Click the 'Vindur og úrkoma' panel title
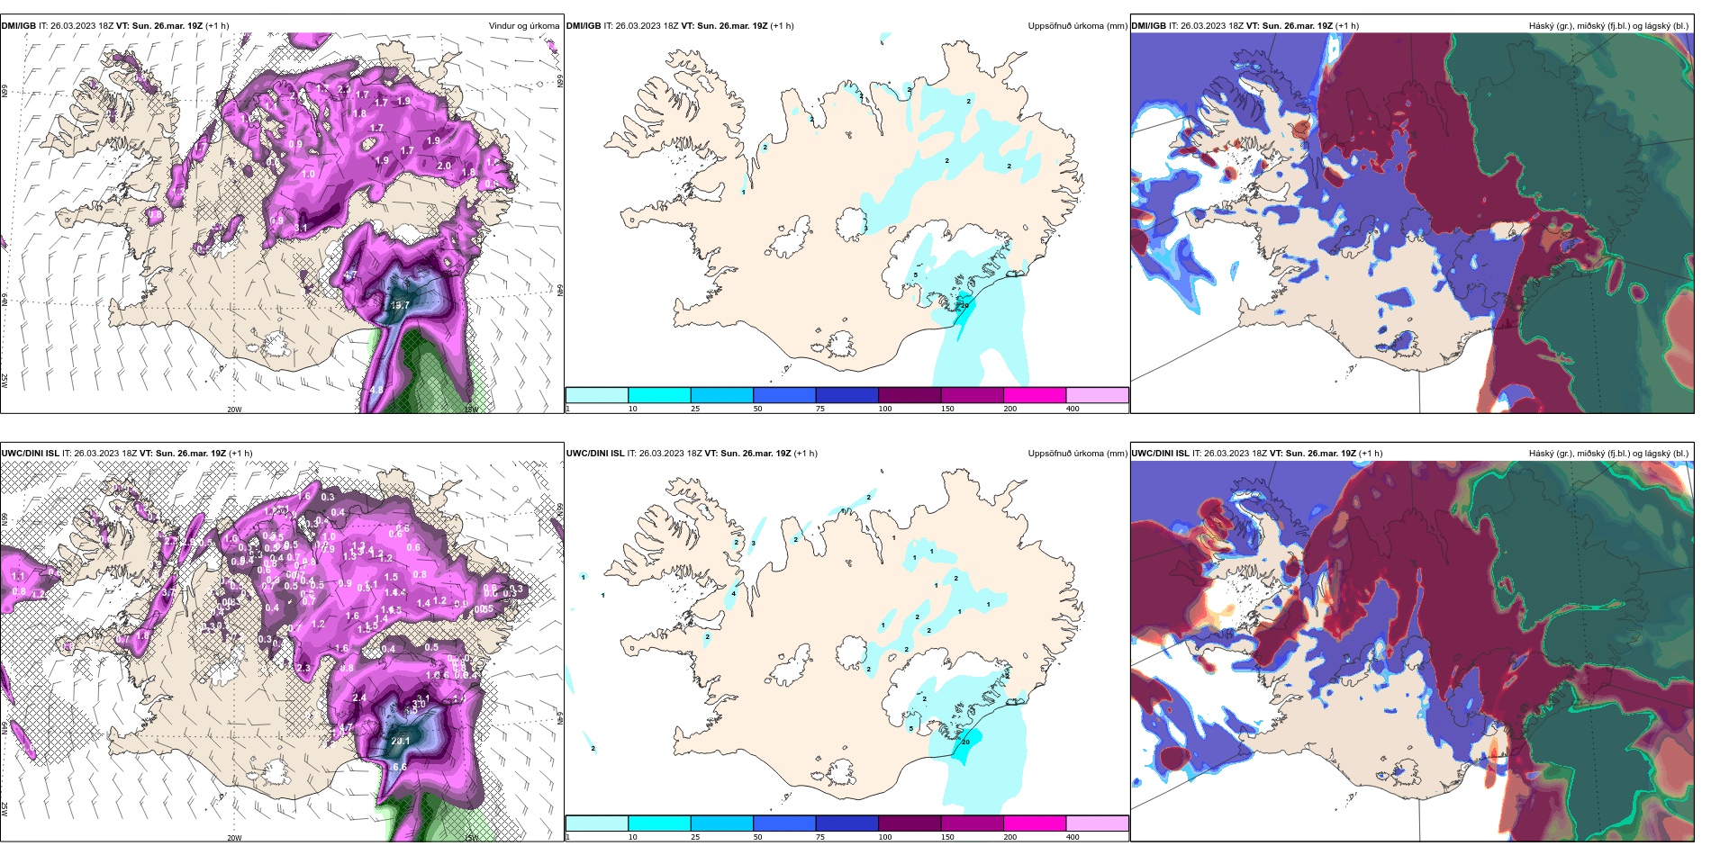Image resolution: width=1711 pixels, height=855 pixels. (523, 26)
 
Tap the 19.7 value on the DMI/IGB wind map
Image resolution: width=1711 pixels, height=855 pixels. (400, 305)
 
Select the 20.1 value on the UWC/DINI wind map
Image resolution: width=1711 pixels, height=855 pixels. (400, 742)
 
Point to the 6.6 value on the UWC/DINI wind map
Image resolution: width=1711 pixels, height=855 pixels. (400, 767)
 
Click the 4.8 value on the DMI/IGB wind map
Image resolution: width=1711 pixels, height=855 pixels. (376, 391)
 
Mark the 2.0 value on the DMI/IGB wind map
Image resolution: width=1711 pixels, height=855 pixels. (444, 166)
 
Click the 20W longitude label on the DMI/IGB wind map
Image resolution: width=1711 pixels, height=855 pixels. (234, 409)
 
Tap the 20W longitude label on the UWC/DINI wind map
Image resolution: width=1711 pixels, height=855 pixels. (234, 837)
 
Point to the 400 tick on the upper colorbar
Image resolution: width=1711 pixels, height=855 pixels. (1073, 409)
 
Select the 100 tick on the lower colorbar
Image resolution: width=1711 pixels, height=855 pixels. (885, 837)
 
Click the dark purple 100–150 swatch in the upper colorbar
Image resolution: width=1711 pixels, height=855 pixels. (910, 395)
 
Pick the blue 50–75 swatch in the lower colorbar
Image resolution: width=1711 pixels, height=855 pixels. (784, 823)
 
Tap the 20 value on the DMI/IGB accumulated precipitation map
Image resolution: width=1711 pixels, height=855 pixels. (964, 306)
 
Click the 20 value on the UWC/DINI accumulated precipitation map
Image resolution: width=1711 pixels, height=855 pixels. (965, 742)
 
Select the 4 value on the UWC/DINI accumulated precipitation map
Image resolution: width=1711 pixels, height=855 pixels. (734, 593)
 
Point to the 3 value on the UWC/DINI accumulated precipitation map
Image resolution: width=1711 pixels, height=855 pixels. (753, 543)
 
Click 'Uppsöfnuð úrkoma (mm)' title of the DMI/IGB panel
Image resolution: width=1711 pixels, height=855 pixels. (1077, 26)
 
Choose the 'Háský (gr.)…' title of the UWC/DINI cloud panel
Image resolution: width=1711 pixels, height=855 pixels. (1608, 454)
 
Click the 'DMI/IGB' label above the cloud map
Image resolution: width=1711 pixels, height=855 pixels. (1148, 26)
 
